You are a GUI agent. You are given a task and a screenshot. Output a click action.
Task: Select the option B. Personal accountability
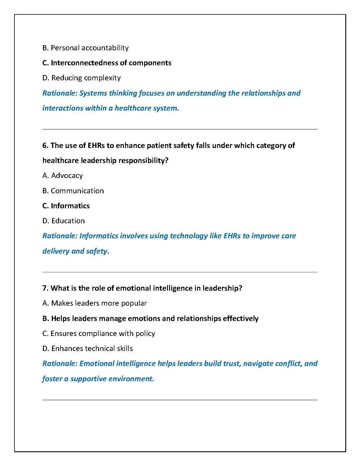85,48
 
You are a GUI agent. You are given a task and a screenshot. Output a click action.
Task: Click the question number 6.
45,146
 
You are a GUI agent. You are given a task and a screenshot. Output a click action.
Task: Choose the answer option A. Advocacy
62,176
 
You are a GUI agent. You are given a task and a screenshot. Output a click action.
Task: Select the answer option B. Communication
73,191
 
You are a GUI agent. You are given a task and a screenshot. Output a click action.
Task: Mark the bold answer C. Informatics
66,206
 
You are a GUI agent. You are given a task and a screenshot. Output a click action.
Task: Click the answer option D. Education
64,221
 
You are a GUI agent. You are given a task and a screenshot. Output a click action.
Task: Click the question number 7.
45,288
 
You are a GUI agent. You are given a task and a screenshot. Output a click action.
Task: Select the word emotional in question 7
132,288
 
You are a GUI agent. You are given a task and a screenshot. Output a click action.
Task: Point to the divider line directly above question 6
180,129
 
